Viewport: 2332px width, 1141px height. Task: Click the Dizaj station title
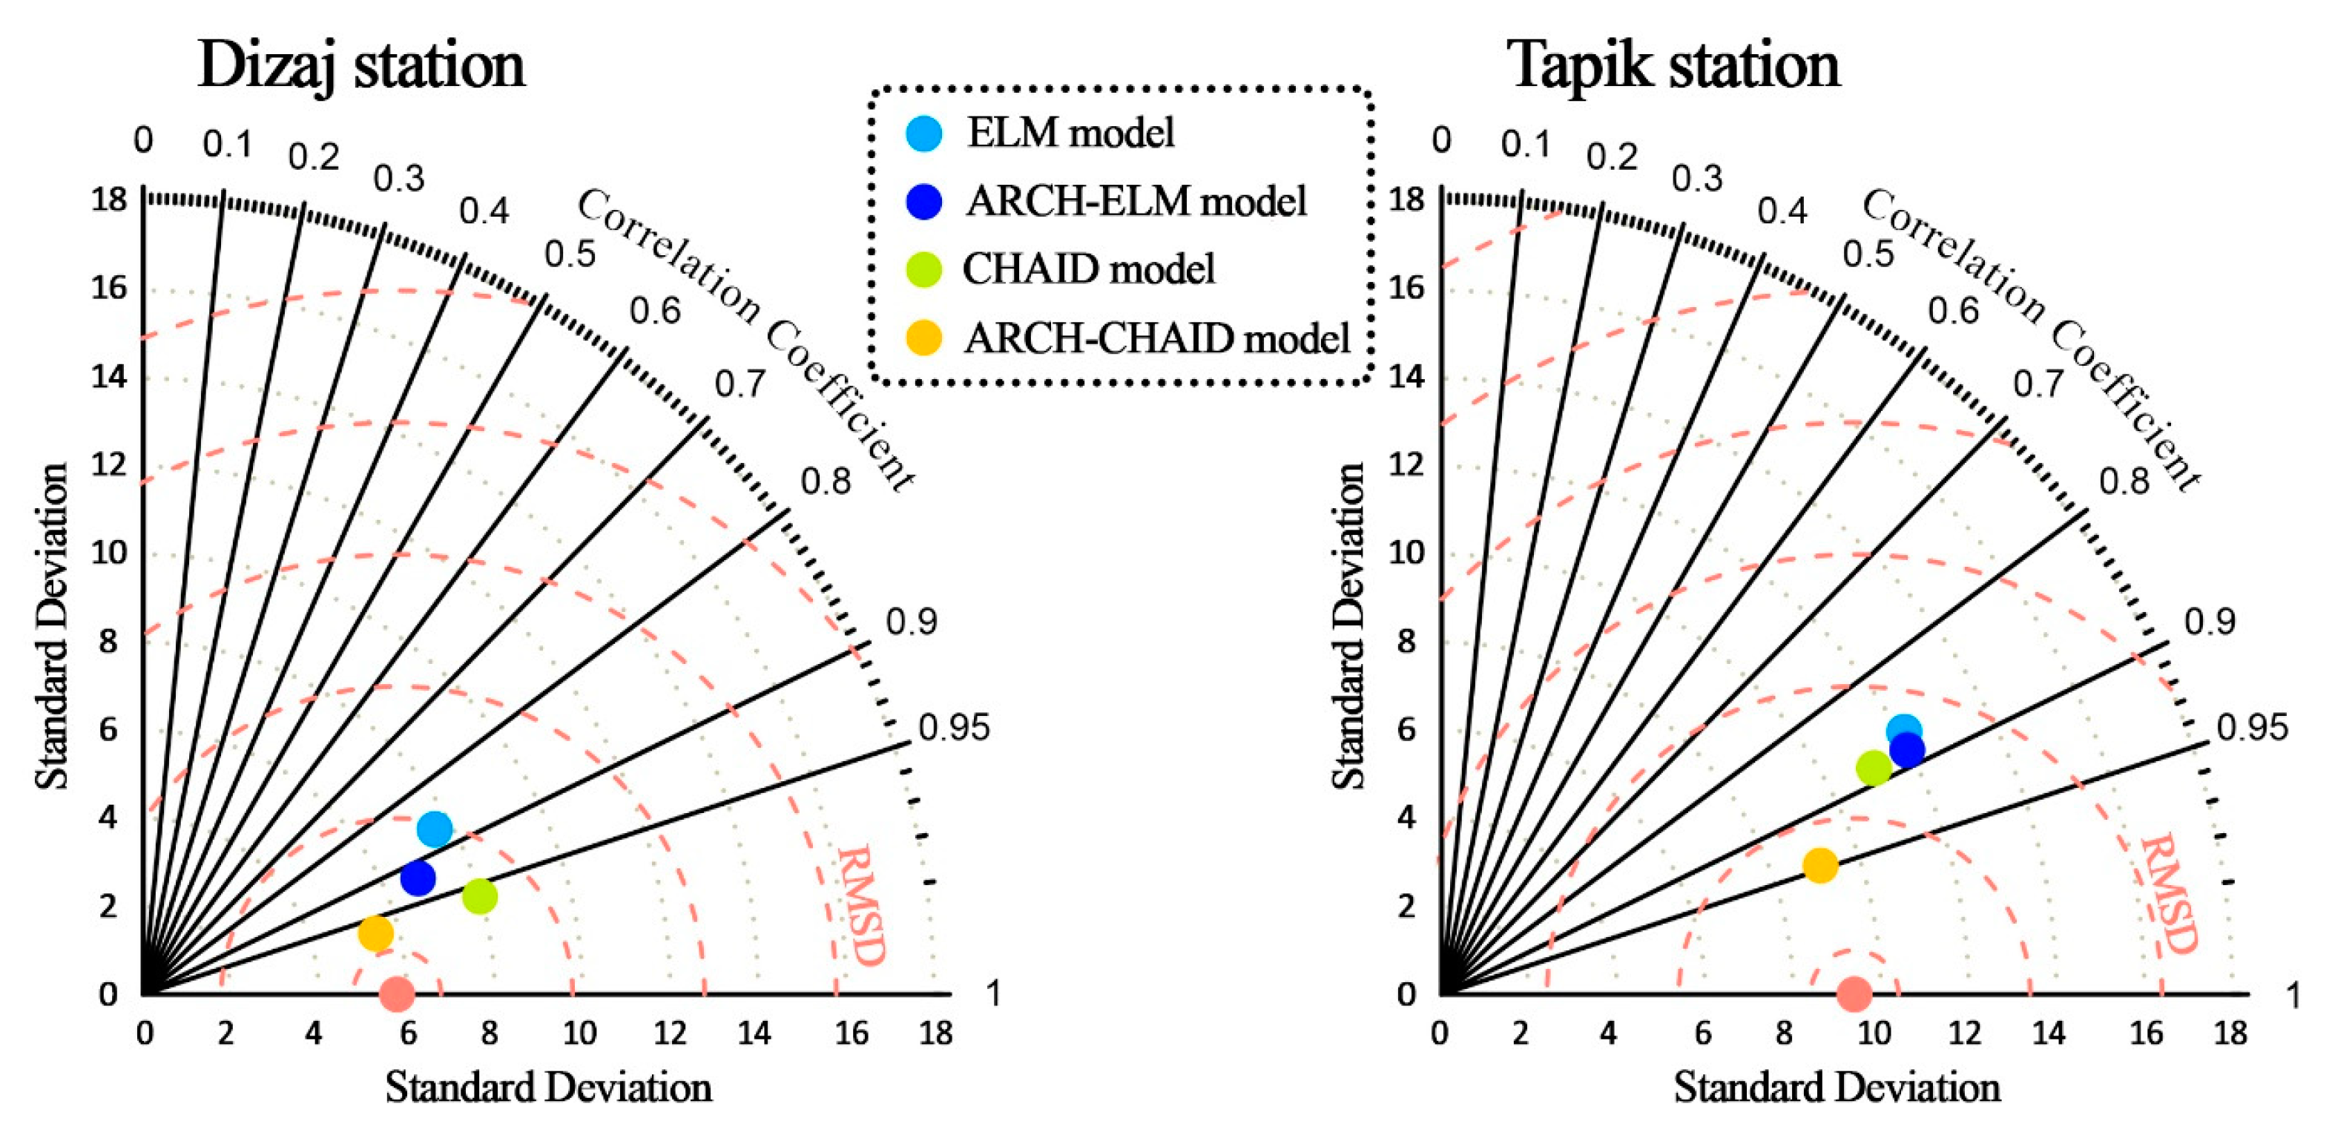(361, 65)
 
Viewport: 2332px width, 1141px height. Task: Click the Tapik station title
(1675, 65)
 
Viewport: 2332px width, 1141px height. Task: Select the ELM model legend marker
(923, 133)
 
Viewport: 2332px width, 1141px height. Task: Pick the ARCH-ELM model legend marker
(923, 201)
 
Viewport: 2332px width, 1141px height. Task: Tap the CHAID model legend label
(1088, 269)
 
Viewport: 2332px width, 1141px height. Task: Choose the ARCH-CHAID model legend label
(1157, 338)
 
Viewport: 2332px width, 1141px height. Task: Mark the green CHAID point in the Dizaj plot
(480, 896)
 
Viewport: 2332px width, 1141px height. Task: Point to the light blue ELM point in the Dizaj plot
(435, 828)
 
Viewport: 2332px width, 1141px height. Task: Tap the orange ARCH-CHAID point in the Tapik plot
(1819, 865)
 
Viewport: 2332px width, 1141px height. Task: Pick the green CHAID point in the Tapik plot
(1873, 768)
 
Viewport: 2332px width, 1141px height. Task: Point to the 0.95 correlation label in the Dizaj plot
(954, 727)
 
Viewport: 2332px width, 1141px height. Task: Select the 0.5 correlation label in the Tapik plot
(1868, 254)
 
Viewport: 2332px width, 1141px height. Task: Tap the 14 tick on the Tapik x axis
(2049, 1033)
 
